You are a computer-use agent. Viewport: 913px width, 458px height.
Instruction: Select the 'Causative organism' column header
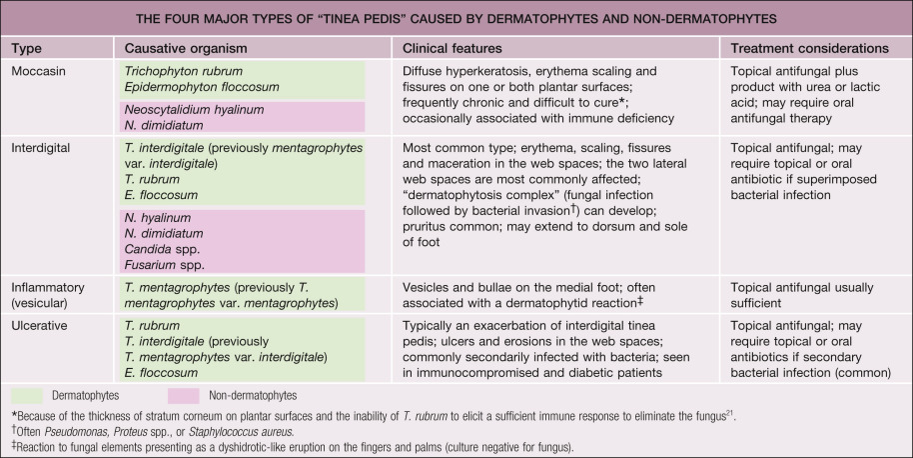click(185, 48)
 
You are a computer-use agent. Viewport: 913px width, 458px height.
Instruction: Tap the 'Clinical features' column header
click(453, 48)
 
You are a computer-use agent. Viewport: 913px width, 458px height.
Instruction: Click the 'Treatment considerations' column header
click(809, 48)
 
